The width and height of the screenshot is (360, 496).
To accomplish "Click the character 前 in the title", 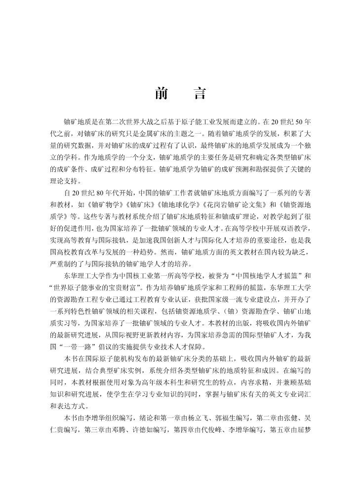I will tap(161, 94).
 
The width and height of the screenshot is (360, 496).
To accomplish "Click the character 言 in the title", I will tap(199, 94).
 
